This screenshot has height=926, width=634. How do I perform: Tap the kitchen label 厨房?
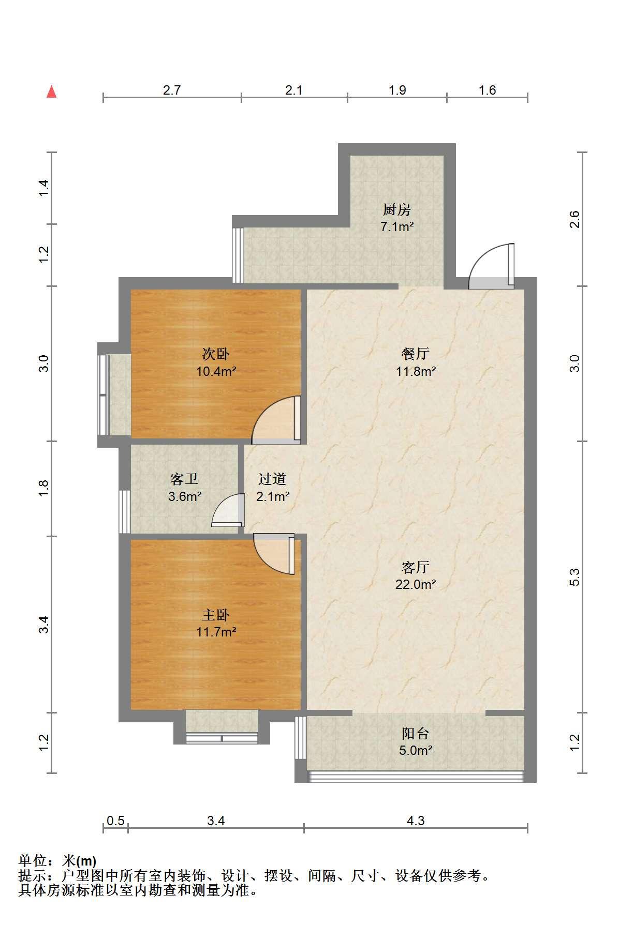397,209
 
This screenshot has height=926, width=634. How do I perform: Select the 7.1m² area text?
397,226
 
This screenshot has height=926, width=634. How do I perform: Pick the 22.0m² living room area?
416,584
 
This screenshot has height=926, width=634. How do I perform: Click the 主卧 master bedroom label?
216,615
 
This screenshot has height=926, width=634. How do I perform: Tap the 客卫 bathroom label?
184,479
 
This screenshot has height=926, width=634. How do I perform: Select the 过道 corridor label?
272,479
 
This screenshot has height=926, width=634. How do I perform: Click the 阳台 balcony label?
416,733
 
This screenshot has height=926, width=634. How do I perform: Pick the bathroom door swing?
228,510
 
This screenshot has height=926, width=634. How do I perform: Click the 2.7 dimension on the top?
172,90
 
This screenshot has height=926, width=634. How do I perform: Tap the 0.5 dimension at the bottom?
115,821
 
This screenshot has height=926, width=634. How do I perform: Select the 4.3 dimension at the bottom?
416,821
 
